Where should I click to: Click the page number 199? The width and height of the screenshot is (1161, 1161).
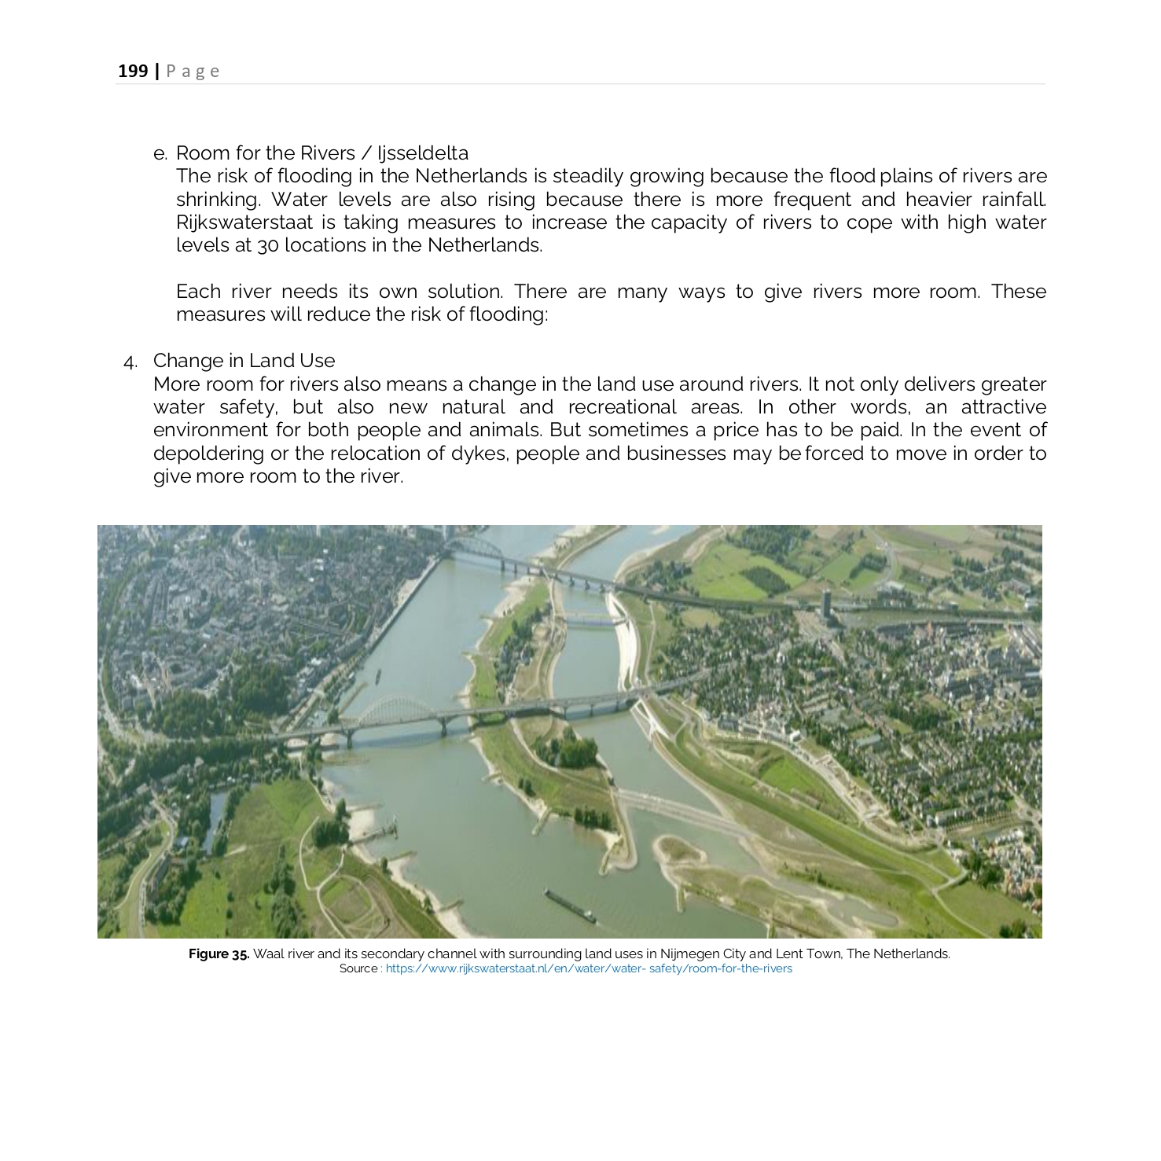[133, 72]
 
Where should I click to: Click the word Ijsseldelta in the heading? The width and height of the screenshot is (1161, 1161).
[423, 153]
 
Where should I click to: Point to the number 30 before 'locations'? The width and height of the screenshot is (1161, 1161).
[267, 246]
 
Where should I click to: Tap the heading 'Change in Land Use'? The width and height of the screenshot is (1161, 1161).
[244, 361]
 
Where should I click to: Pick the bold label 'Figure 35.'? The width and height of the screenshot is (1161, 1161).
[219, 953]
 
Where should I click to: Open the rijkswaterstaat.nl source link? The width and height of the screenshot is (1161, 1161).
[588, 968]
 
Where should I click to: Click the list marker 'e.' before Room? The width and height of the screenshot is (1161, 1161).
[160, 153]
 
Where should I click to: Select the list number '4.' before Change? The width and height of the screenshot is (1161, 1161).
[130, 362]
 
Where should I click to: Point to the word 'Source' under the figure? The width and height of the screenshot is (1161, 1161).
[358, 968]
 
